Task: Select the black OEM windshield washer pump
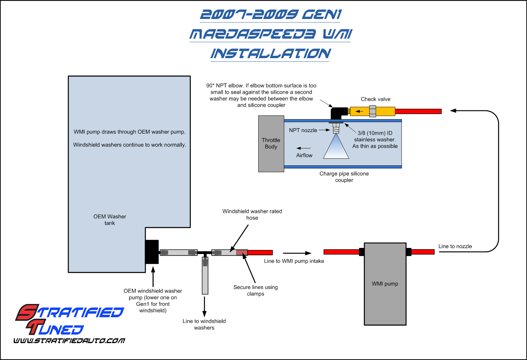coord(152,252)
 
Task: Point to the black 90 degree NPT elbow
coord(337,112)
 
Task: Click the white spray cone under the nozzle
coord(336,149)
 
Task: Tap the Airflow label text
coord(304,155)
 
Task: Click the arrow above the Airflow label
coord(303,148)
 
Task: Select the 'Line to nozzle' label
coord(455,246)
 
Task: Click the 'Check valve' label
coord(375,99)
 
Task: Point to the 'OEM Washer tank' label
coord(110,220)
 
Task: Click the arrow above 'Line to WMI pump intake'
coord(297,253)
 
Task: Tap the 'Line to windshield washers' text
coord(204,324)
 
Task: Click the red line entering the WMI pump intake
coord(341,252)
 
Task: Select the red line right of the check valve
coord(418,111)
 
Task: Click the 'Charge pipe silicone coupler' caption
coord(344,177)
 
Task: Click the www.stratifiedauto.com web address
coord(69,341)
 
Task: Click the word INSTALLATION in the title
coord(270,54)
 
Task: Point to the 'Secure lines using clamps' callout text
coord(256,290)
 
